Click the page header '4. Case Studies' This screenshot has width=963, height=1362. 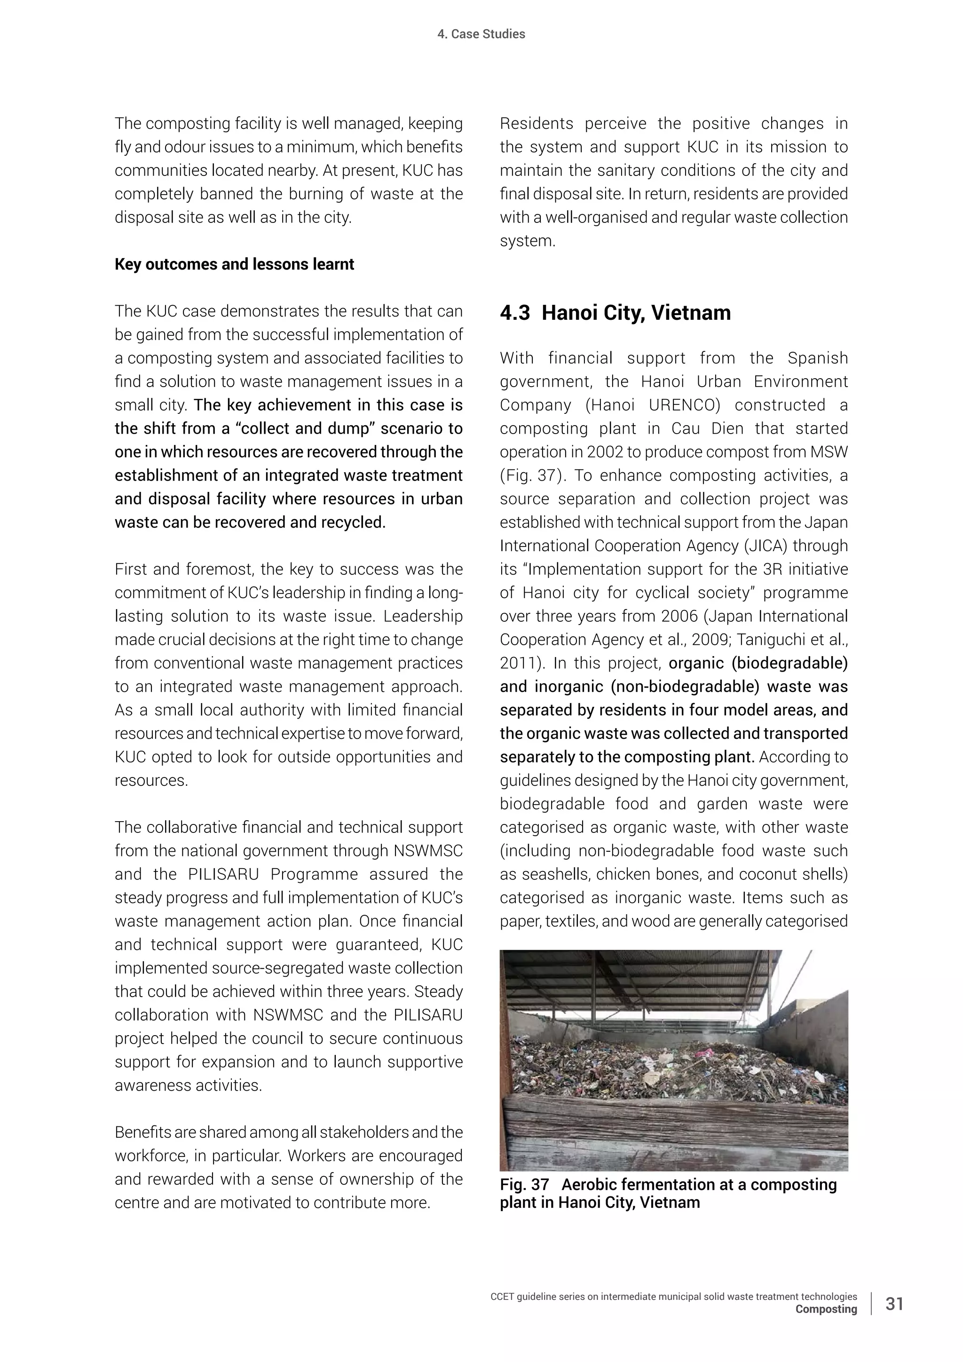481,34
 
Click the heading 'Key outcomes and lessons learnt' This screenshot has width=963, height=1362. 234,265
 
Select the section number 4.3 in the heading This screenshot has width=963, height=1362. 515,313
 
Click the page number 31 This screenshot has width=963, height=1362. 894,1303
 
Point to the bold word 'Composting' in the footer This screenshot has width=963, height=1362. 826,1308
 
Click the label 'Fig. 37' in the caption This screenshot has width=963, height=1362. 524,1185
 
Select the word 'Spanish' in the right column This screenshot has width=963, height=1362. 818,358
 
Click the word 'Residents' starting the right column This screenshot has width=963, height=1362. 536,124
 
